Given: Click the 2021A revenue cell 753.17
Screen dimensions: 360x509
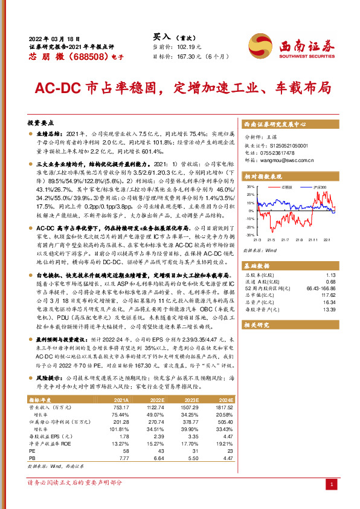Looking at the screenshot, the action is [x=120, y=391].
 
